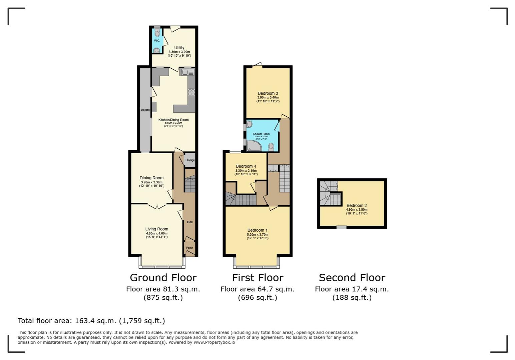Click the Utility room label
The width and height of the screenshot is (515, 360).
pos(179,48)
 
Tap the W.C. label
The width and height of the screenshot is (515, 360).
pos(157,41)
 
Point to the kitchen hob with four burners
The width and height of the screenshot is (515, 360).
pos(191,92)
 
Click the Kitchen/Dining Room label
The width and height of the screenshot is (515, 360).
pos(173,120)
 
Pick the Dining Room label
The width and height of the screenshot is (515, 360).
pos(151,178)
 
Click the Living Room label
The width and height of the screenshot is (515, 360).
pos(156,229)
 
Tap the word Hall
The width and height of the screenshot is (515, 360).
pos(190,222)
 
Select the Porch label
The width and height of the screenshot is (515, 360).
pos(189,248)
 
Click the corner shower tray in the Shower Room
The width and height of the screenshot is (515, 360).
pos(254,146)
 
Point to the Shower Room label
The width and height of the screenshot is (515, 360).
pos(262,134)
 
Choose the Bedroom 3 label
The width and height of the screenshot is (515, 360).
pos(268,93)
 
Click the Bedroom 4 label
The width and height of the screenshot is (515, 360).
pos(246,166)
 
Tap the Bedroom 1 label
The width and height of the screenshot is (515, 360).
pos(257,230)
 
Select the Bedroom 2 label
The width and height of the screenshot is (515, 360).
pos(357,205)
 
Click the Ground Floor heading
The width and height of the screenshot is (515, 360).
pos(163,278)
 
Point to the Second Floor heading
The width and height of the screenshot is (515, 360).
pos(352,278)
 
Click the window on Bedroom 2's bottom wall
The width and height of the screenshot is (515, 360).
pos(342,227)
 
